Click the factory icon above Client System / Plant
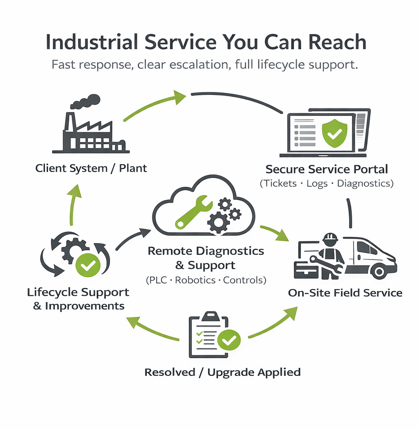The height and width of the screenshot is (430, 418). point(91,132)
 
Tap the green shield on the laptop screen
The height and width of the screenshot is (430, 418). point(334,133)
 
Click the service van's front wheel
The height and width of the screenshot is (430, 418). point(379,271)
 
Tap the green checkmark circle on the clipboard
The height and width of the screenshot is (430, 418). point(229,340)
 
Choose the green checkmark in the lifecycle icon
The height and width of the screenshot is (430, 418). point(89,265)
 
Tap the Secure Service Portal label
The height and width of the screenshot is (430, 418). point(327,169)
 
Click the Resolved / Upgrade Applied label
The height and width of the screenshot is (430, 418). point(222,372)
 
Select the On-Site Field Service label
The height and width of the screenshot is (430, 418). point(345,293)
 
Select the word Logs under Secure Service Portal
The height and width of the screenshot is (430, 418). point(317,184)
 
